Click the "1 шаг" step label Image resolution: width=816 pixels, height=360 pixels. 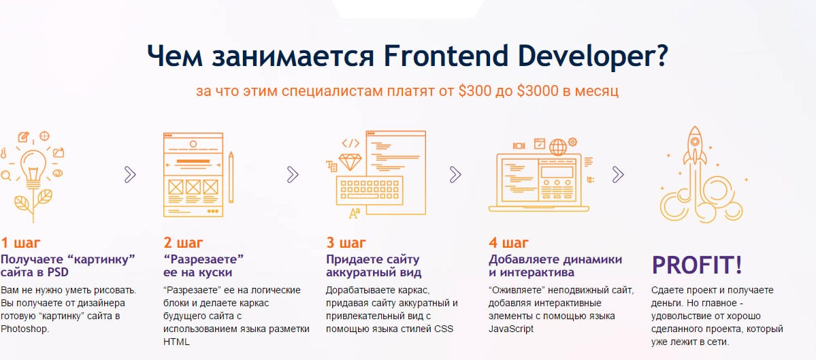click(20, 243)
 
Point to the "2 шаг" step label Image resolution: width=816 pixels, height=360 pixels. click(183, 243)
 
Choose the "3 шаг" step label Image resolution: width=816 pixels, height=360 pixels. click(346, 243)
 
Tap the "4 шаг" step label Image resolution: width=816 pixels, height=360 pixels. click(508, 243)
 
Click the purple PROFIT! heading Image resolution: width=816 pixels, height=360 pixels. click(697, 265)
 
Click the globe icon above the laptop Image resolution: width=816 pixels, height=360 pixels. click(558, 147)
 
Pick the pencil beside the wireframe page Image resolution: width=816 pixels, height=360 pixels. click(231, 178)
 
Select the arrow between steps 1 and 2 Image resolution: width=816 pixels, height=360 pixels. click(130, 175)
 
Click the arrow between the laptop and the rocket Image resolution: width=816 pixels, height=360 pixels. click(618, 175)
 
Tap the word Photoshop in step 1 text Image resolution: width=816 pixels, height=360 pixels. click(25, 329)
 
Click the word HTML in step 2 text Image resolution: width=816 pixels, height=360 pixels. click(176, 342)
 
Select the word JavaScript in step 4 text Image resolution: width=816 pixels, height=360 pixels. click(511, 329)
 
